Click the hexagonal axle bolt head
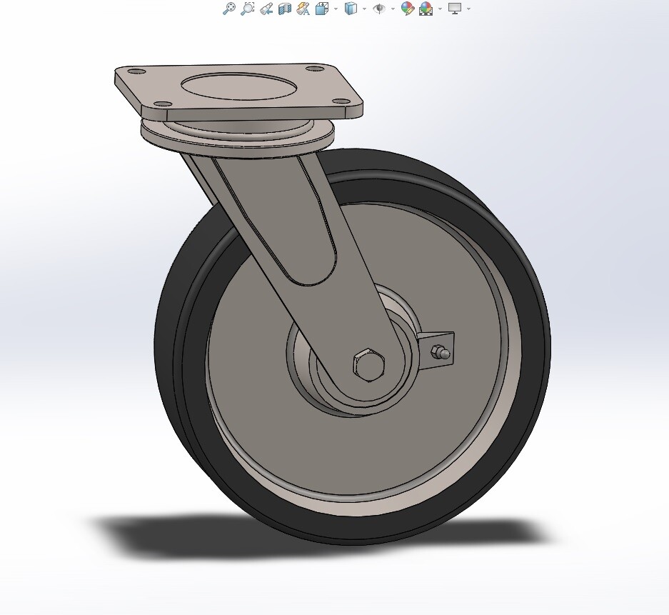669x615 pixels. click(368, 365)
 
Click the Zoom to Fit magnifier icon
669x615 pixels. click(228, 9)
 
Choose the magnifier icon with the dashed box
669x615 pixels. click(247, 9)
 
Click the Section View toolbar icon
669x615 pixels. click(284, 9)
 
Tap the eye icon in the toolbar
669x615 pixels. click(379, 9)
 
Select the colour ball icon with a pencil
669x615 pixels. click(407, 9)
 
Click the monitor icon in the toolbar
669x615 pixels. click(455, 9)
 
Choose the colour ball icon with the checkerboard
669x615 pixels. click(426, 9)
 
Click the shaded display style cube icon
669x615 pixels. click(351, 9)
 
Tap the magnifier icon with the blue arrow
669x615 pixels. click(266, 9)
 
